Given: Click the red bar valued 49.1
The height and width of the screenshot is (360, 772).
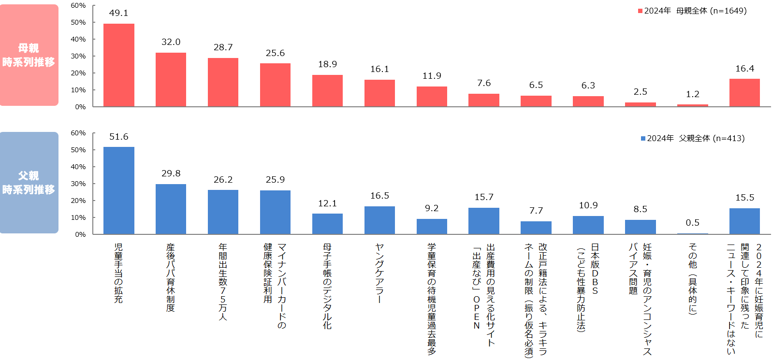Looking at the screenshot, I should point(119,65).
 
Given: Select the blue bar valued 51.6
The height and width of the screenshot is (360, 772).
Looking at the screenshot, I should point(119,190).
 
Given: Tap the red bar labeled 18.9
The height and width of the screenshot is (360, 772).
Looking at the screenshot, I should point(327,91).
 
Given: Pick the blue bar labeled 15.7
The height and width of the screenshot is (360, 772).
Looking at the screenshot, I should point(484,221).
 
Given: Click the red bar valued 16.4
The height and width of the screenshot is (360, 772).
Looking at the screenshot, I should point(744,93).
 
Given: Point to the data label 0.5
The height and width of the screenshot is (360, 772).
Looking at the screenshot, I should point(692,223).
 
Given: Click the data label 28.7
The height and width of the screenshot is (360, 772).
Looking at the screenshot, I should point(223,47).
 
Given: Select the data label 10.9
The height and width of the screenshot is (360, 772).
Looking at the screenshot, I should point(588,205).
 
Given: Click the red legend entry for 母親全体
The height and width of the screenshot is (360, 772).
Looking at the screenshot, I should point(692,11).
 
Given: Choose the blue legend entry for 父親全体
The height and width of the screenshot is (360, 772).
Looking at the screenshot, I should point(693,138).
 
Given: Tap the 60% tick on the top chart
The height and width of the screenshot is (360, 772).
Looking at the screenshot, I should point(78,5).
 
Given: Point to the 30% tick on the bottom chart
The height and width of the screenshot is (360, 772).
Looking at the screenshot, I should point(78,184).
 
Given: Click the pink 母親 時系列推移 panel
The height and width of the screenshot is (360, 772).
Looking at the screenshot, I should point(29,55).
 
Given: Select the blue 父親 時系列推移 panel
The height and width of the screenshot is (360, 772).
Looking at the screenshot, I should point(29,183).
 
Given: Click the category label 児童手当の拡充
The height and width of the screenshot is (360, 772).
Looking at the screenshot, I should point(118,273).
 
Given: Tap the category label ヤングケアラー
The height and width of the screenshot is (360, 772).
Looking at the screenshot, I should point(379,274).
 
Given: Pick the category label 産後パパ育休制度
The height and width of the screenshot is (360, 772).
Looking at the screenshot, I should point(171,277).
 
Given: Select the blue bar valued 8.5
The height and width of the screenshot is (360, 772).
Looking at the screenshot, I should point(640,227).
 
